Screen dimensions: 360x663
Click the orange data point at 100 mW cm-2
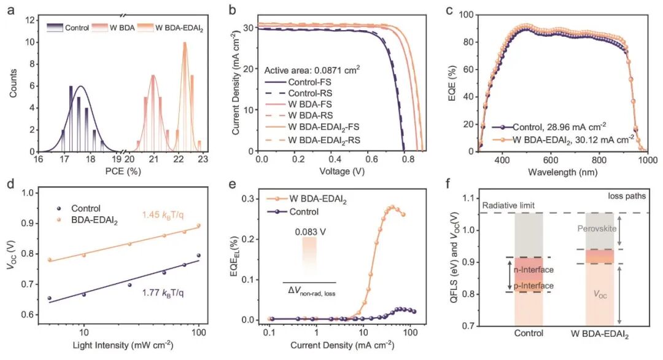[198, 225]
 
